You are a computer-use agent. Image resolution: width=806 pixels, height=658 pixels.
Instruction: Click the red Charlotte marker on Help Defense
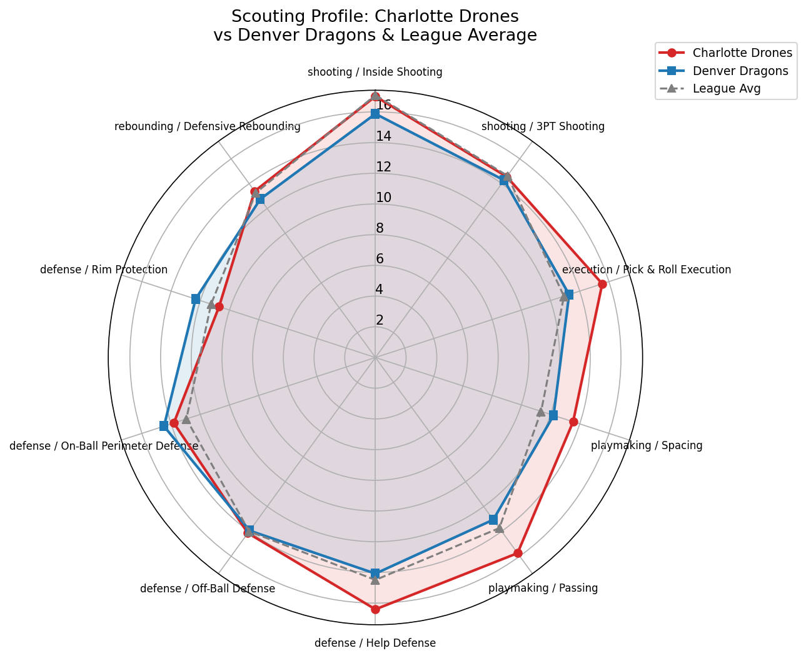[x=375, y=609]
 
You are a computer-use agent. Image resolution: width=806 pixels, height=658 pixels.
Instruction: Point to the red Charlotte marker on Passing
[x=518, y=553]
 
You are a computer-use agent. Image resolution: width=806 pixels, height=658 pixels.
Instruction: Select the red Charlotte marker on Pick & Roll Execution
[x=602, y=285]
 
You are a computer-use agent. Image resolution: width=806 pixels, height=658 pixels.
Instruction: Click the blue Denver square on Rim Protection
[x=196, y=299]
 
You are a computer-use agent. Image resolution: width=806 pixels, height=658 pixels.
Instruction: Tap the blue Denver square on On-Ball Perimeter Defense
[x=164, y=426]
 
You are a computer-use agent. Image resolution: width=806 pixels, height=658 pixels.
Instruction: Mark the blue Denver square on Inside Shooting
[x=375, y=114]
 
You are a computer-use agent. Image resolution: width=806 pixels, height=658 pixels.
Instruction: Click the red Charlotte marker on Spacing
[x=573, y=422]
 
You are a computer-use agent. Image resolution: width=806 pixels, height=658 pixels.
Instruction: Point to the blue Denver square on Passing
[x=493, y=520]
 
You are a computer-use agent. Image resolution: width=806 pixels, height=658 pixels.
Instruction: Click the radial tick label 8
[x=380, y=228]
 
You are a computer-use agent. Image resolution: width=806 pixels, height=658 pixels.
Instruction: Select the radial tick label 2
[x=380, y=320]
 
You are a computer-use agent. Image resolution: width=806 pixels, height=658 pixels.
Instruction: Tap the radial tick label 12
[x=383, y=167]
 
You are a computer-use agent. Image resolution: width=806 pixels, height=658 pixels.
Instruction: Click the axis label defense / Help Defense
[x=375, y=643]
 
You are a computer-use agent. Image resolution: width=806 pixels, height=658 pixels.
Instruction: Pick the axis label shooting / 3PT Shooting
[x=543, y=126]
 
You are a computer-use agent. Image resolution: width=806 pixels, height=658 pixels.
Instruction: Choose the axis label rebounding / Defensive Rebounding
[x=208, y=126]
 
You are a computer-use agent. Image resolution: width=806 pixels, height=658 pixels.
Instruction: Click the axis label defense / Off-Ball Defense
[x=208, y=589]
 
